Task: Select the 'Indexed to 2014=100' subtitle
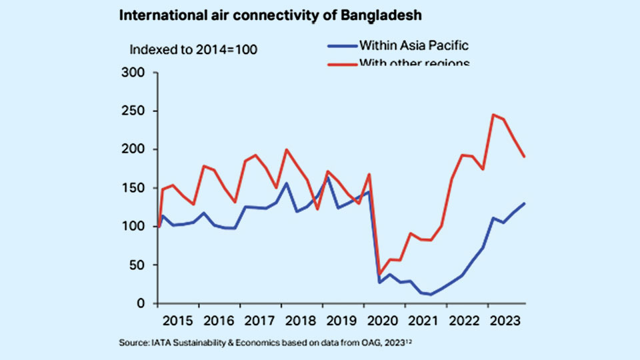click(193, 49)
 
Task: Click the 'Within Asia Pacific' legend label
click(413, 46)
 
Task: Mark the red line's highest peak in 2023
click(493, 115)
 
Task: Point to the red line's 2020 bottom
click(380, 274)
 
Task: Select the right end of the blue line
click(524, 203)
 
